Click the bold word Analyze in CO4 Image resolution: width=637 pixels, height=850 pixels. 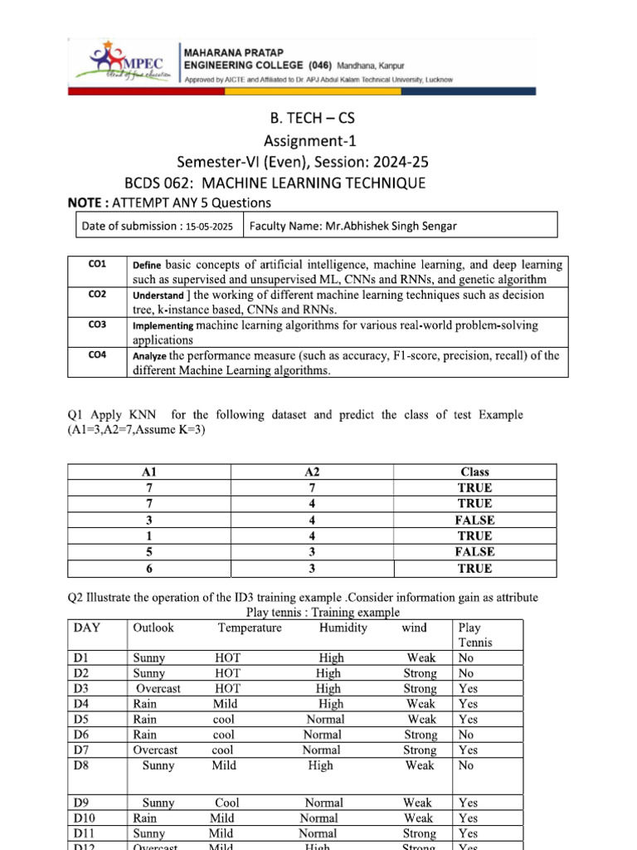pyautogui.click(x=149, y=356)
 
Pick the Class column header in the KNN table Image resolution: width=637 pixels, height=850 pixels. pyautogui.click(x=474, y=471)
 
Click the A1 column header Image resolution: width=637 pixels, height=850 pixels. pyautogui.click(x=149, y=471)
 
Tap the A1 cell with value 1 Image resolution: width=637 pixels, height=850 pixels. pyautogui.click(x=149, y=536)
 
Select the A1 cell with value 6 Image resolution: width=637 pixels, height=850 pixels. pyautogui.click(x=149, y=569)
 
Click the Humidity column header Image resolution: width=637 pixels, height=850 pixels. pyautogui.click(x=343, y=628)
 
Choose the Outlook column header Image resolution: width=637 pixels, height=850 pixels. pyautogui.click(x=153, y=628)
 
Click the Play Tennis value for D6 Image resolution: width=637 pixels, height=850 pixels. pyautogui.click(x=466, y=735)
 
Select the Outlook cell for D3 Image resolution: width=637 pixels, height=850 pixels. pyautogui.click(x=158, y=689)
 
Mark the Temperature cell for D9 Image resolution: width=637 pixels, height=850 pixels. pyautogui.click(x=226, y=803)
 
